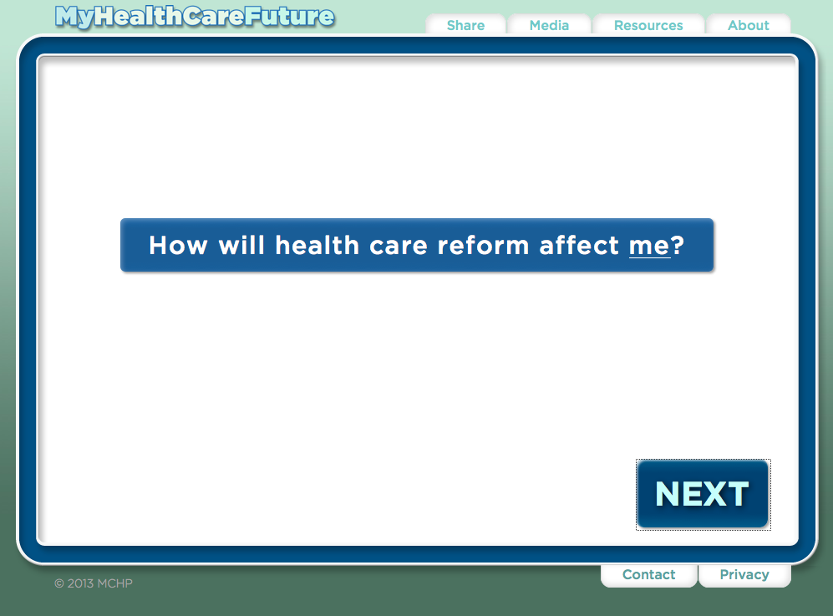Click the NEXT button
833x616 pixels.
(x=703, y=494)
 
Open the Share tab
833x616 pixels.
(x=466, y=25)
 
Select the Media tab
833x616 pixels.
(x=549, y=25)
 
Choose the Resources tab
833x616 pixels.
(x=648, y=25)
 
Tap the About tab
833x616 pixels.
(x=749, y=25)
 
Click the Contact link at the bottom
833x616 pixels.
(x=648, y=574)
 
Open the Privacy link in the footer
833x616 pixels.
(x=744, y=574)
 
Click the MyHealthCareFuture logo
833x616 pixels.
(x=195, y=17)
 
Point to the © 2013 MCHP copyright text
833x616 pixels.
(x=94, y=583)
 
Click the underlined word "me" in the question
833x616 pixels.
(x=649, y=246)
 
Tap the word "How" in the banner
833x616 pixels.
(x=178, y=246)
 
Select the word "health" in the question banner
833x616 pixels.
(x=317, y=245)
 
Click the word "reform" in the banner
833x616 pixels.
(x=484, y=245)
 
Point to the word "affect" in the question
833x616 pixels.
(x=579, y=245)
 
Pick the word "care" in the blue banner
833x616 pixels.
(x=399, y=246)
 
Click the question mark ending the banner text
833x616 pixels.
(x=678, y=245)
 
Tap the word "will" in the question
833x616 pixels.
(x=241, y=245)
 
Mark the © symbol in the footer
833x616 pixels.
(x=59, y=583)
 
